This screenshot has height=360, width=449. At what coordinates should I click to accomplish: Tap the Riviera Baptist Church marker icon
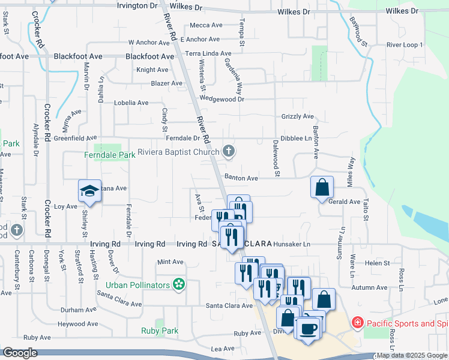(229, 152)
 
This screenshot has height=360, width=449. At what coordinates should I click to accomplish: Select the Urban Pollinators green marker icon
(178, 284)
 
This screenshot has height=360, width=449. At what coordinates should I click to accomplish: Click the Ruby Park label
(160, 331)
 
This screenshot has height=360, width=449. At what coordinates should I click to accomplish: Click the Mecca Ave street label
(206, 25)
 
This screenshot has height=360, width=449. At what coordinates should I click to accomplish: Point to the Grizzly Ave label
(298, 116)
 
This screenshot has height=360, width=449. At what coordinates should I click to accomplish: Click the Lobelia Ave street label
(131, 103)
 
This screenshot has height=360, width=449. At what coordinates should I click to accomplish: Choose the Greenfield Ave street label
(75, 138)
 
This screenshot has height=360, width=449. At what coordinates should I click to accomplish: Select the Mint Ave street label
(170, 262)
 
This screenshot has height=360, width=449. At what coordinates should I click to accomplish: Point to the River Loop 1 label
(405, 45)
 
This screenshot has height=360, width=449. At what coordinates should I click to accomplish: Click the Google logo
(20, 353)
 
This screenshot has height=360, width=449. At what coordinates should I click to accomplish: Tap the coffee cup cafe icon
(309, 328)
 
